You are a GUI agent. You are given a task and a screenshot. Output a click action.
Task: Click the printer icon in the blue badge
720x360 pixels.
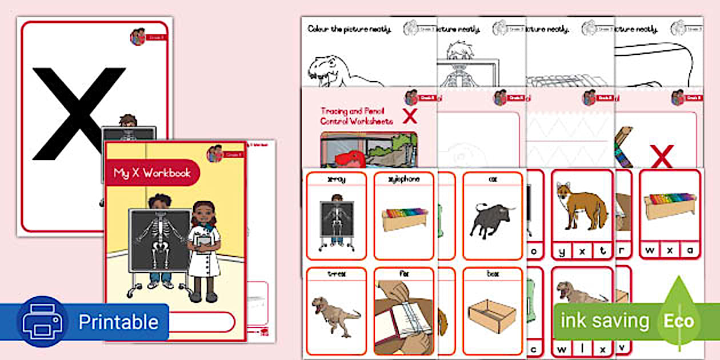point(39,322)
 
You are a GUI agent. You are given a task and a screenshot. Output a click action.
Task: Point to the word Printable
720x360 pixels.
point(118,322)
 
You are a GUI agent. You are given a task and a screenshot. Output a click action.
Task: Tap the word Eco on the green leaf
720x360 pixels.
point(678,321)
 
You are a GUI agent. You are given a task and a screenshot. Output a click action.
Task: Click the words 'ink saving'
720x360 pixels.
point(604,321)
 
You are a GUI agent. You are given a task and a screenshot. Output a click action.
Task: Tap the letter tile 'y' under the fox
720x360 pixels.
point(562,251)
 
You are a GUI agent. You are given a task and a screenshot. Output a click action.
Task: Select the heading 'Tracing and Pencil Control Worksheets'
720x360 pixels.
point(357,116)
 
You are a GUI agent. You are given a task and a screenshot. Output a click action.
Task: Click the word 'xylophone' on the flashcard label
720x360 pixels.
point(403,179)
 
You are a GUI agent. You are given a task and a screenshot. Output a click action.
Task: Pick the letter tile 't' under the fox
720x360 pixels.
point(602,251)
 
